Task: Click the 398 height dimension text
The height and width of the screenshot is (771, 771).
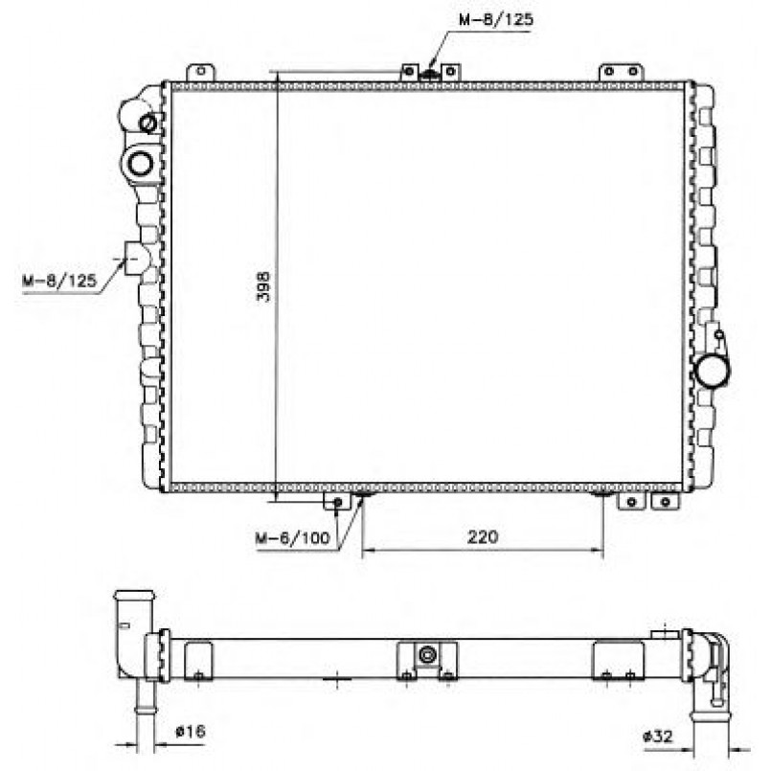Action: coord(264,286)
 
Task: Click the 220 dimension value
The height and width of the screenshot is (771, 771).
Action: coord(483,536)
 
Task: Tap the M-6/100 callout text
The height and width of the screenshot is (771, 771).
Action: coord(292,538)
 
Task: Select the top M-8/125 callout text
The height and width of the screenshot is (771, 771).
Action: coord(496,20)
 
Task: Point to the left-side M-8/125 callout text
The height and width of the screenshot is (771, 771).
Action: coord(59,281)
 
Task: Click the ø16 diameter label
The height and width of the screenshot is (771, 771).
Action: coord(191,731)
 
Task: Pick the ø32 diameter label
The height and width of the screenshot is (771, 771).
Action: coord(658,737)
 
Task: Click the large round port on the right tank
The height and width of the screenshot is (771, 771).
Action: coord(712,371)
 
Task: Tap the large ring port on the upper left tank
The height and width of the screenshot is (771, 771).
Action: coord(141,163)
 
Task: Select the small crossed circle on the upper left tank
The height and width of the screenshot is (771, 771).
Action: coord(147,123)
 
